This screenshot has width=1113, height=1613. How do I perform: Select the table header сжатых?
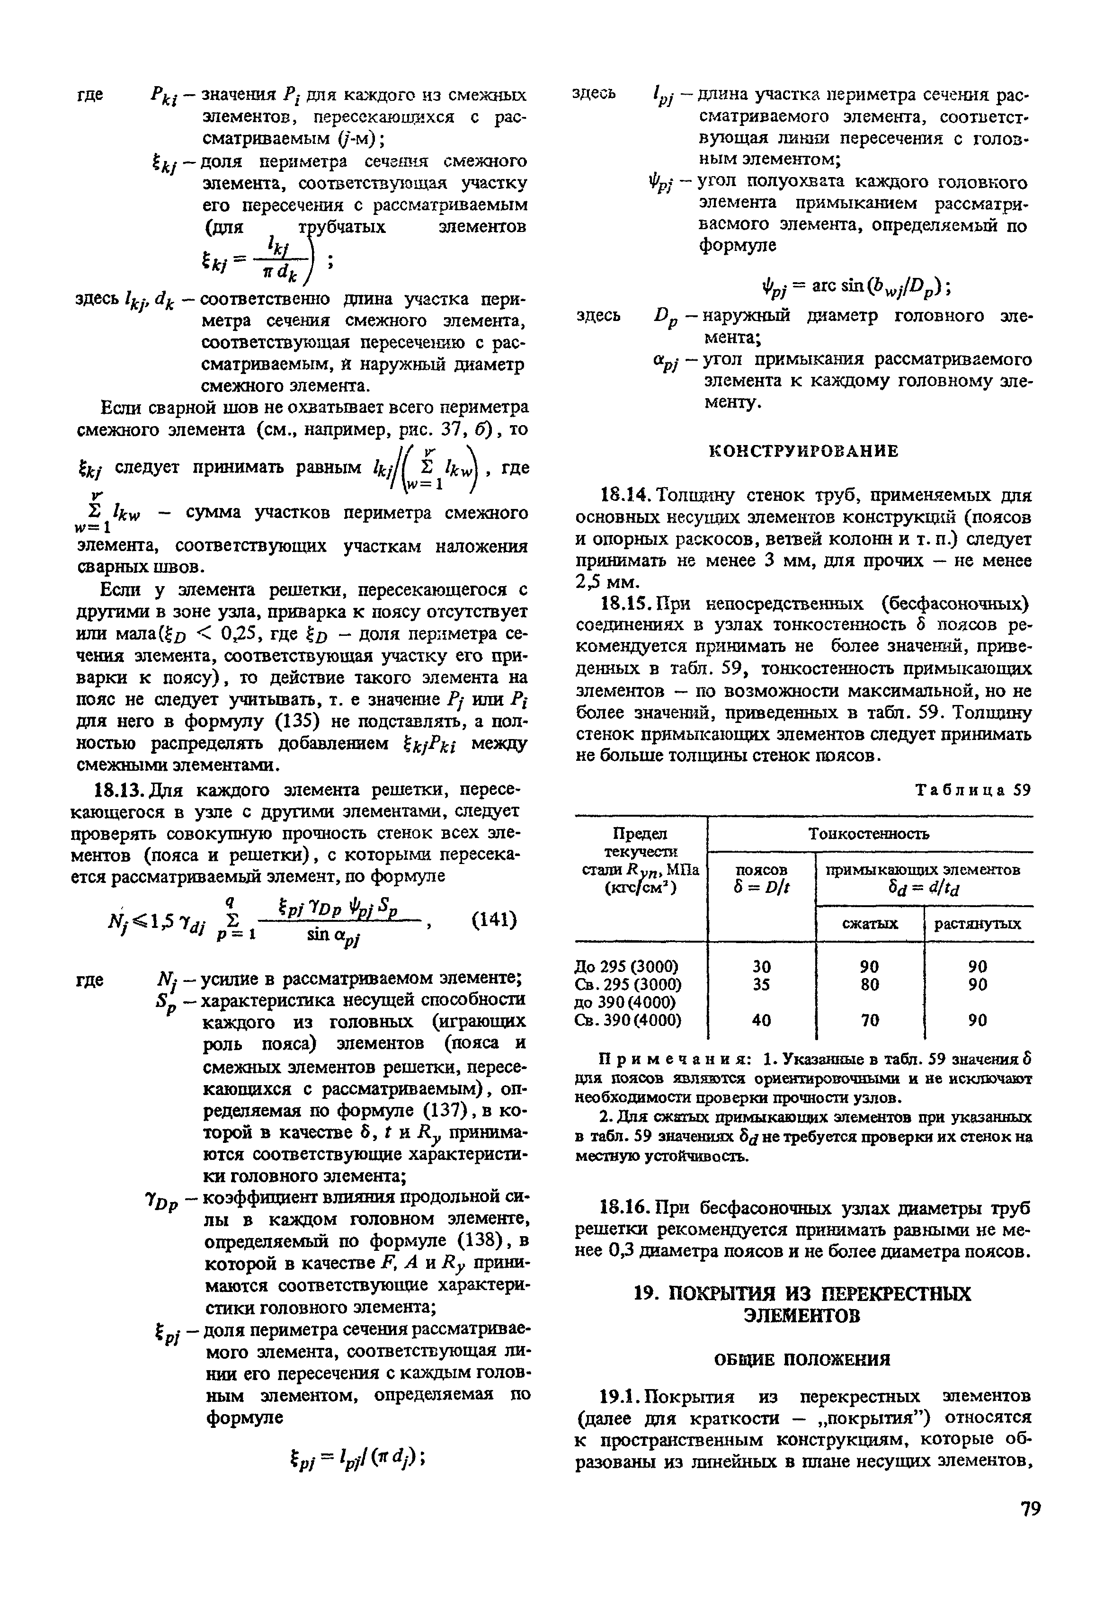pos(870,924)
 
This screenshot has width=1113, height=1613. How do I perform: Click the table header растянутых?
pos(978,924)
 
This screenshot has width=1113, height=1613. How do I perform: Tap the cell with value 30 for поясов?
pos(762,966)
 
